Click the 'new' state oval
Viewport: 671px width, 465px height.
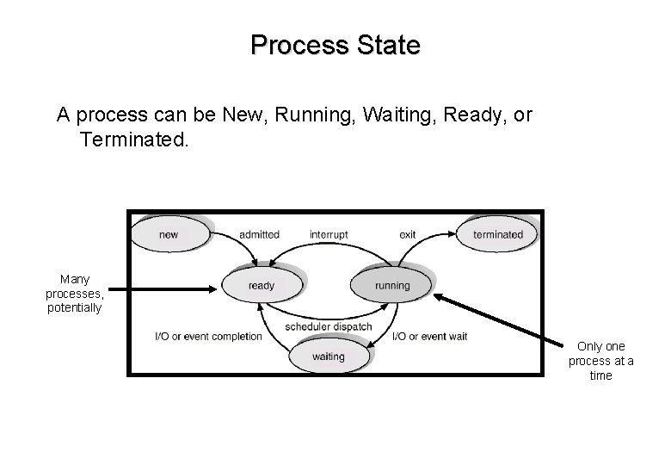coord(169,234)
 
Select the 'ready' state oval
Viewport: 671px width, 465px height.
coord(261,286)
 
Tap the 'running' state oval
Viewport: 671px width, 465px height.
coord(392,286)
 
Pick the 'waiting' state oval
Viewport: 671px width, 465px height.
coord(328,356)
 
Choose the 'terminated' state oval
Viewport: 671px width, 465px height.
coord(497,234)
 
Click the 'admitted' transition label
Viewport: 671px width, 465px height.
coord(259,234)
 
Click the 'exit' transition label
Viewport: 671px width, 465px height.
coord(408,234)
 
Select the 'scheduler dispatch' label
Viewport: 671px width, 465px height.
coord(329,326)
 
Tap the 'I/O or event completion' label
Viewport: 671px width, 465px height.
coord(207,336)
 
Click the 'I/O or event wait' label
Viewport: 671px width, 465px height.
coord(429,336)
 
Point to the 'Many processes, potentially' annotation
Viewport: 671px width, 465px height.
coord(74,293)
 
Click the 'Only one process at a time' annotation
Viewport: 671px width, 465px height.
coord(600,361)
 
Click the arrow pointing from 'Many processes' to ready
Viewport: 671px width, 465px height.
coord(163,290)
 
